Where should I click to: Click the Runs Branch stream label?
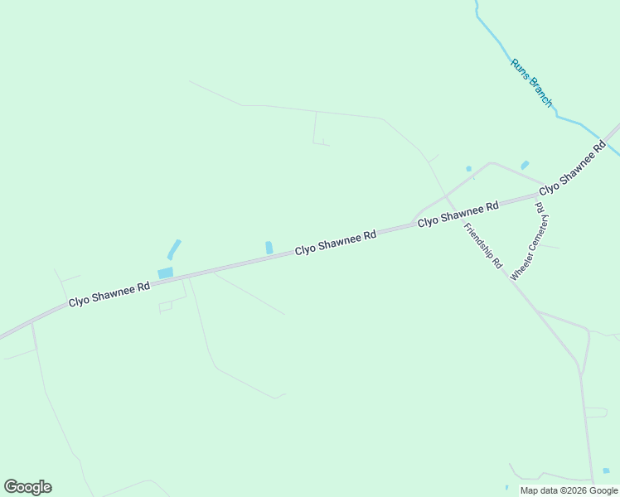click(x=531, y=82)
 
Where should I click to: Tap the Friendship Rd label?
click(x=483, y=246)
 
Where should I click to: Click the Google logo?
click(x=27, y=487)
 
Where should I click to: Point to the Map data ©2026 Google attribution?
click(x=569, y=490)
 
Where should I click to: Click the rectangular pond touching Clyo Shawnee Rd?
click(x=166, y=273)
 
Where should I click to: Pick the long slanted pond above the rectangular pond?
click(x=174, y=248)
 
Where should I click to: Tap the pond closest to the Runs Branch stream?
click(x=525, y=165)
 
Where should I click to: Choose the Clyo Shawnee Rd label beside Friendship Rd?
click(x=458, y=214)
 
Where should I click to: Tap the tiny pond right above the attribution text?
click(x=606, y=470)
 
